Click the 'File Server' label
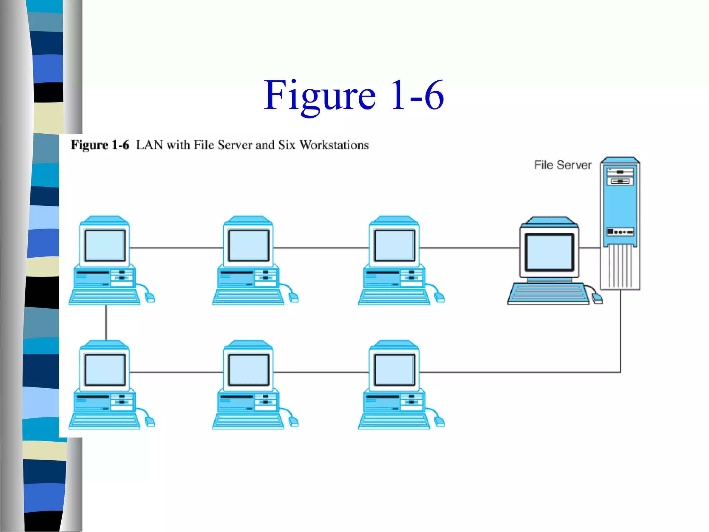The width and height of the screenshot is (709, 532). [563, 165]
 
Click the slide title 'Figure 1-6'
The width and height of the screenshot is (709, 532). [353, 95]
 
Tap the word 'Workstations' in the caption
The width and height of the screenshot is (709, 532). [334, 145]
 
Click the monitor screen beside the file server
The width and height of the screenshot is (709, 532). [549, 252]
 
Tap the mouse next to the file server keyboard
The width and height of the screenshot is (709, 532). [597, 298]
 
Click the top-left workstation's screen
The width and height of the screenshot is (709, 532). [105, 245]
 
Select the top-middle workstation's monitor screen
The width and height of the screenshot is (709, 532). [249, 245]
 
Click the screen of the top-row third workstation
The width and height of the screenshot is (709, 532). [395, 245]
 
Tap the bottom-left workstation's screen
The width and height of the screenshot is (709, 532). [105, 370]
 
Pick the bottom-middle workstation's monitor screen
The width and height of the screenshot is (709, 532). [249, 370]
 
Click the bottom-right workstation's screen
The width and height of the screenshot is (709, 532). [395, 370]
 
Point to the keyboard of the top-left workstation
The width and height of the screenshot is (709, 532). [104, 297]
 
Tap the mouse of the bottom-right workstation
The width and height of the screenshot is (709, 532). [439, 422]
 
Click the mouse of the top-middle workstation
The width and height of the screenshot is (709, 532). [293, 297]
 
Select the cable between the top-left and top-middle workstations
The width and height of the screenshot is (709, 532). [177, 248]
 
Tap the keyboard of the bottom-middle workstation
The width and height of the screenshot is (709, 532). [248, 422]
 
